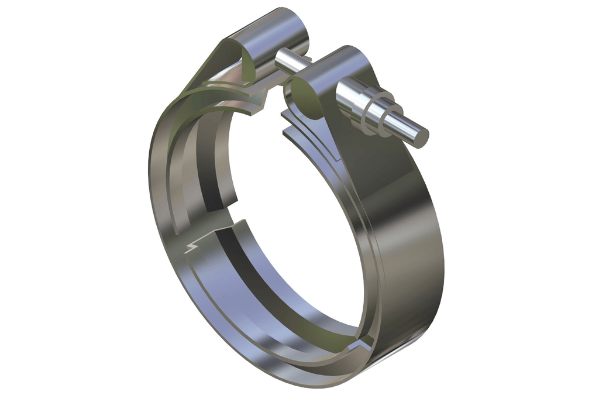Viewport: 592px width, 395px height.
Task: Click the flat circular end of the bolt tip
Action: click(420, 136)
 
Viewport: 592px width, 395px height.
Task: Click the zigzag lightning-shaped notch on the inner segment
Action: click(193, 246)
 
